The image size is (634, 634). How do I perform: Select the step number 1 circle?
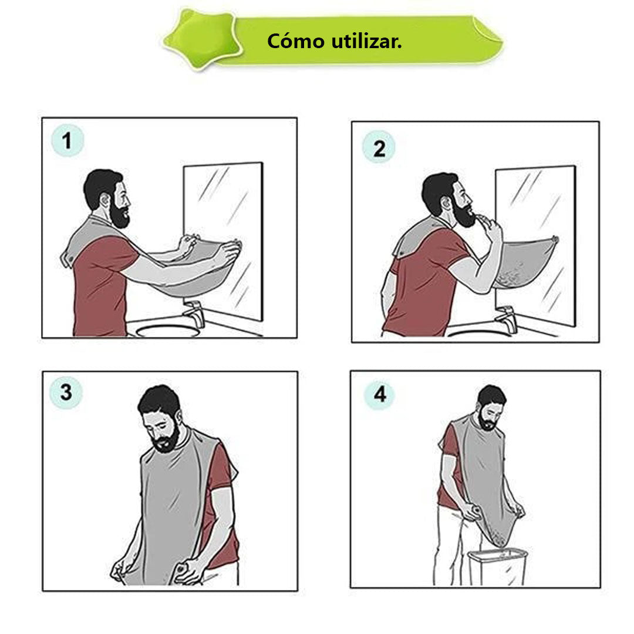point(68,141)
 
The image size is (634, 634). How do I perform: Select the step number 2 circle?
point(379,147)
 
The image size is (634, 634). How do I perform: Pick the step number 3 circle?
point(66,392)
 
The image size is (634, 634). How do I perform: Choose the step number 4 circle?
point(379,394)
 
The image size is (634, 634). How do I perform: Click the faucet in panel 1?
point(195,312)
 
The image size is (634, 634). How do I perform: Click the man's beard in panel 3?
point(165,440)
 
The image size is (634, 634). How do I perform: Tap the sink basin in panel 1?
point(168,331)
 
